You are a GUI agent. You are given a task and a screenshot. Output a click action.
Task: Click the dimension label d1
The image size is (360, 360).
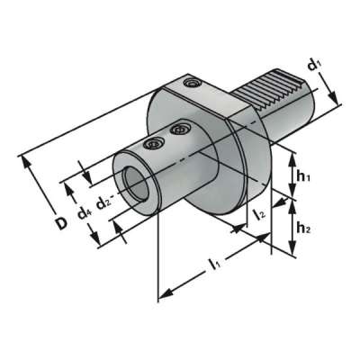315,66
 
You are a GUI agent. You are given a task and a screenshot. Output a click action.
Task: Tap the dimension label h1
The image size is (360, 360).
303,178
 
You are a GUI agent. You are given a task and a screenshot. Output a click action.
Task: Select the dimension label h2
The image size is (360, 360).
303,229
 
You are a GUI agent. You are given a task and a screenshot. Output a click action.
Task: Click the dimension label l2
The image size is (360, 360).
258,214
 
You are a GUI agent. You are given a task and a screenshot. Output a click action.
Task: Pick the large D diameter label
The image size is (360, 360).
60,221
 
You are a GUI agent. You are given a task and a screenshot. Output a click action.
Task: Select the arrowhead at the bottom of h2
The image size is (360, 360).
292,255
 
